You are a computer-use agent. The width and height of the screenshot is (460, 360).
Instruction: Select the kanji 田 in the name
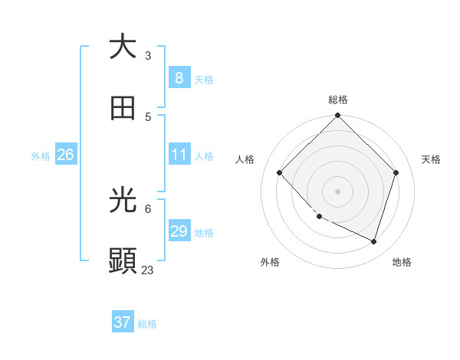click(x=123, y=108)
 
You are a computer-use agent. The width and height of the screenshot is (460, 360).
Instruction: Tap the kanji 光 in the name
click(x=123, y=201)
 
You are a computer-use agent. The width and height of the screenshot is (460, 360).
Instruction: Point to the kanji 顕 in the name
click(x=123, y=261)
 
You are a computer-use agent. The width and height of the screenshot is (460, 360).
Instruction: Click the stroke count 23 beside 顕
click(x=147, y=270)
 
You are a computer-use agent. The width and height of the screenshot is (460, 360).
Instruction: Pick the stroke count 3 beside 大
click(x=148, y=55)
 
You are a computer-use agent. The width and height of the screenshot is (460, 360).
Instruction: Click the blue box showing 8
click(x=179, y=77)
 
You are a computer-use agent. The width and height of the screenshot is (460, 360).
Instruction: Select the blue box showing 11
click(x=179, y=155)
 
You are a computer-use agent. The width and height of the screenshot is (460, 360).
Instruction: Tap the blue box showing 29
click(x=179, y=231)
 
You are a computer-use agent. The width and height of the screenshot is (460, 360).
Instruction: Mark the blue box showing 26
click(x=65, y=155)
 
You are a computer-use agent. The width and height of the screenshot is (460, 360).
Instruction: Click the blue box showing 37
click(x=122, y=322)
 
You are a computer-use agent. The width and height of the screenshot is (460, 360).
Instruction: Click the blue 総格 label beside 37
click(x=147, y=324)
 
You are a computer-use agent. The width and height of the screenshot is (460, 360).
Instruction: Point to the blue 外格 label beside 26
click(x=41, y=156)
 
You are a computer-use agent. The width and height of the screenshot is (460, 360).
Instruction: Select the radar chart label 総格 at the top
click(x=338, y=100)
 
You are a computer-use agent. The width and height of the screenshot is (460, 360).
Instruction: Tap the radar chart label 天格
click(x=431, y=159)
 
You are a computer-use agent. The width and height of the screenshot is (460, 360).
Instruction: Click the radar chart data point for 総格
click(x=337, y=116)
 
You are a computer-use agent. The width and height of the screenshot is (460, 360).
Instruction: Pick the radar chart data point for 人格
click(x=280, y=172)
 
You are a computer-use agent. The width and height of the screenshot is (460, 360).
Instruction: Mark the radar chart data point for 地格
click(x=373, y=241)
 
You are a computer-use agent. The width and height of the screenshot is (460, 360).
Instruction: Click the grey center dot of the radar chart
click(x=337, y=191)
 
